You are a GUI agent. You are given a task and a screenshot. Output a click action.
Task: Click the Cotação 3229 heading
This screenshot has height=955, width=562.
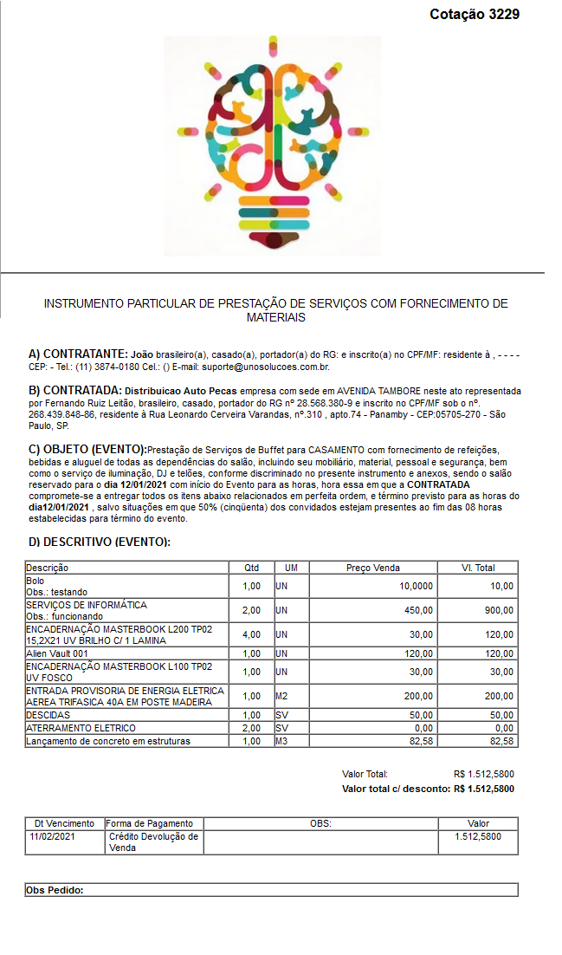point(475,15)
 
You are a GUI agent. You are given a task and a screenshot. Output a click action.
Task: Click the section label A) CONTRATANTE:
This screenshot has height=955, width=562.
point(78,354)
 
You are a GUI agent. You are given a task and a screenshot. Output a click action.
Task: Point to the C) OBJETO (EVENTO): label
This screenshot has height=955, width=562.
point(87,449)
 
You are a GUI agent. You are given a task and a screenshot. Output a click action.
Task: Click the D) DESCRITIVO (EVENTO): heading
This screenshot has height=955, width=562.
point(99,542)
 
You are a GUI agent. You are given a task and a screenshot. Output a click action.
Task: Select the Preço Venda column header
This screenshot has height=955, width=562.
point(372,568)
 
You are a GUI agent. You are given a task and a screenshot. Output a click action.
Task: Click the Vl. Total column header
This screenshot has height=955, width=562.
point(478,568)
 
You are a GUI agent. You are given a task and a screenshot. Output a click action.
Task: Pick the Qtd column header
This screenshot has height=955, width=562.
point(251,568)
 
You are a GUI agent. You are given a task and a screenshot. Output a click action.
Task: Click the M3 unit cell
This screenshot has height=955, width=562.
point(281,741)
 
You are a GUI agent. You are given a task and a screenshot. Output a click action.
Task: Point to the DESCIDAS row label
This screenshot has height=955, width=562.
point(49,715)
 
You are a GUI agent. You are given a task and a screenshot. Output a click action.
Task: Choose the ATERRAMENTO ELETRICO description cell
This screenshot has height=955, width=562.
point(81,728)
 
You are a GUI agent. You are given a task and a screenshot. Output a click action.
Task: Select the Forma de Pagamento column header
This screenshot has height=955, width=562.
point(150,823)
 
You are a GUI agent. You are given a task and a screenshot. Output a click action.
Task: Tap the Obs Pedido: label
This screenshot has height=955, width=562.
point(55,889)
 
